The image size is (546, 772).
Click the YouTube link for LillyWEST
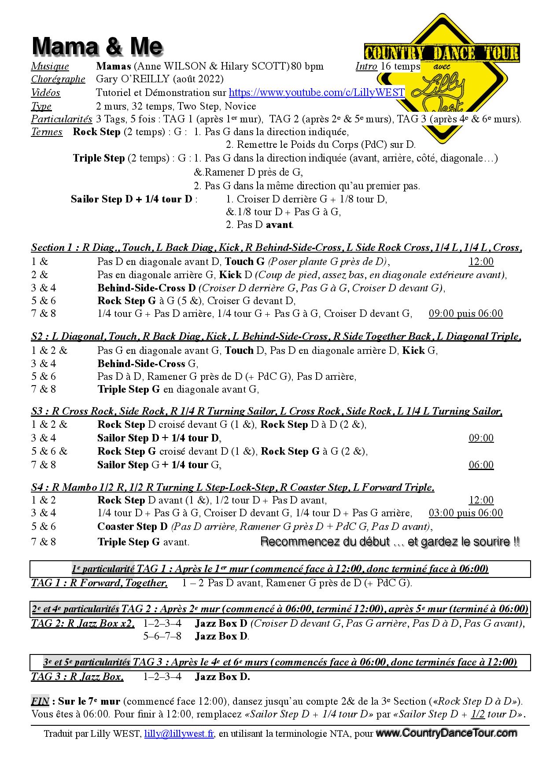pos(317,93)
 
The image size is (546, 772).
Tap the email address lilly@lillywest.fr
pos(179,734)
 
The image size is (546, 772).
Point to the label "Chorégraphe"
pos(58,79)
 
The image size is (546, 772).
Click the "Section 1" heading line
pos(276,247)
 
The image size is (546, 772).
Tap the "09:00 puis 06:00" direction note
pos(465,314)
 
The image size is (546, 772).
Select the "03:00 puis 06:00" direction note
pos(465,513)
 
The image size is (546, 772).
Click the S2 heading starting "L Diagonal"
pos(276,337)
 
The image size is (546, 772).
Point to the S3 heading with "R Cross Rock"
pos(266,412)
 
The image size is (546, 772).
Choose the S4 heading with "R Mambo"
pos(232,487)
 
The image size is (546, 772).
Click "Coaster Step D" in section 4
pos(132,526)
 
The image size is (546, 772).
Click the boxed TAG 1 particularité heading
pos(280,569)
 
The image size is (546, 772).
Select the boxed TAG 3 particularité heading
pos(280,662)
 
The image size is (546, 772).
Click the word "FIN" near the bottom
pos(39,701)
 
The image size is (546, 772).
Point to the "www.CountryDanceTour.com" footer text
pos(446,733)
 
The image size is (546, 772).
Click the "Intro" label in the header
pos(366,66)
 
